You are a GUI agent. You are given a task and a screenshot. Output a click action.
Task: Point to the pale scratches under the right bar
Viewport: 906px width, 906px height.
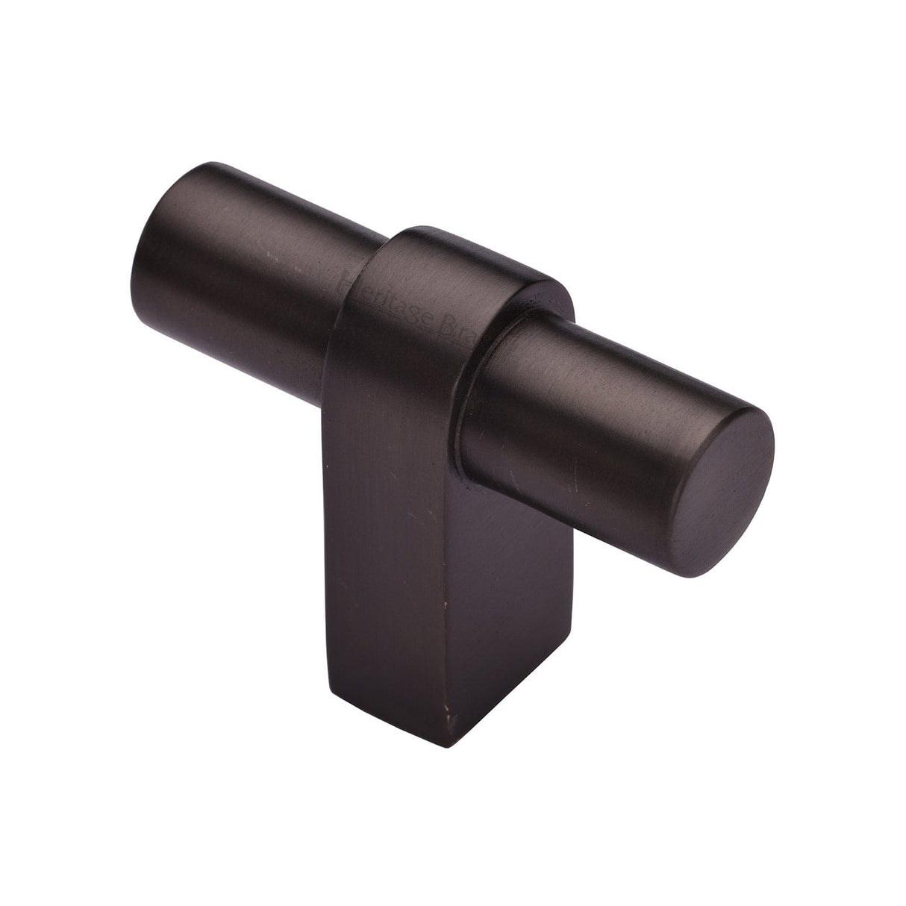click(x=567, y=478)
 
